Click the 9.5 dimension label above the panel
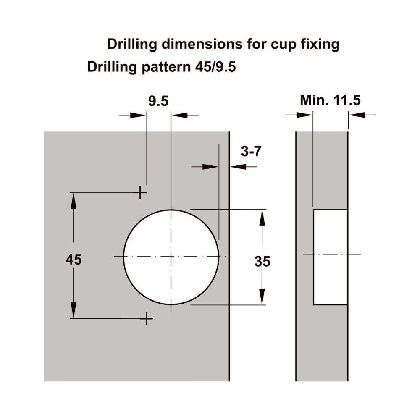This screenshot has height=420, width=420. (x=158, y=102)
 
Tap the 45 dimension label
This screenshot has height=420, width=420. (x=73, y=260)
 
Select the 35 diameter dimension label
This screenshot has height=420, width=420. (x=262, y=261)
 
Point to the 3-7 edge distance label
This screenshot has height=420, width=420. (x=251, y=152)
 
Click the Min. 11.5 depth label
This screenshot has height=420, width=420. (x=330, y=100)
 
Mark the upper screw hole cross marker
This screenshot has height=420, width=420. (x=140, y=192)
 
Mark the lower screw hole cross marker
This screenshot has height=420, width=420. (x=147, y=318)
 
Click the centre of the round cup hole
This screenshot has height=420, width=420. (x=171, y=257)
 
